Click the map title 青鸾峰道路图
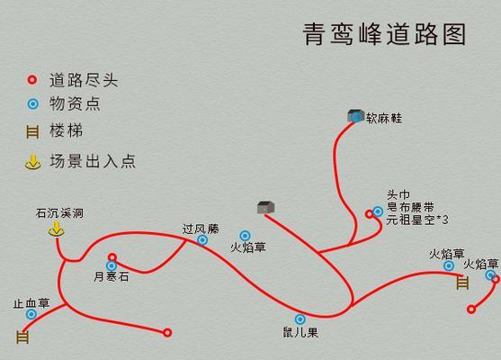coord(384,34)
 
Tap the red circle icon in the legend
coord(32,80)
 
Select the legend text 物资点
coord(75,103)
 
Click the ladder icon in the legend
coord(32,131)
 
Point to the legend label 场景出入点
coord(93,161)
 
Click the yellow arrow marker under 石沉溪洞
coord(57,229)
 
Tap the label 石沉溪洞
coord(59,213)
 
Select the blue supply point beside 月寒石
coord(112,265)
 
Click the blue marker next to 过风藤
coord(202,239)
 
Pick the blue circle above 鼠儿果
coord(300,319)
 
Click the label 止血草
coord(31,303)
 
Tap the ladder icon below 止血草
coord(22,337)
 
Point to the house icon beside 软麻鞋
coord(355,116)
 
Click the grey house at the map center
coord(266,208)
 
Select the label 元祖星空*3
coord(417,220)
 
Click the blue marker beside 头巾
coord(378,211)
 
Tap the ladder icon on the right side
coord(462,283)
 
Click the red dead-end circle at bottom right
coord(471,310)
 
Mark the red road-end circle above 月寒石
coord(112,257)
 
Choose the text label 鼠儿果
coord(300,332)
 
